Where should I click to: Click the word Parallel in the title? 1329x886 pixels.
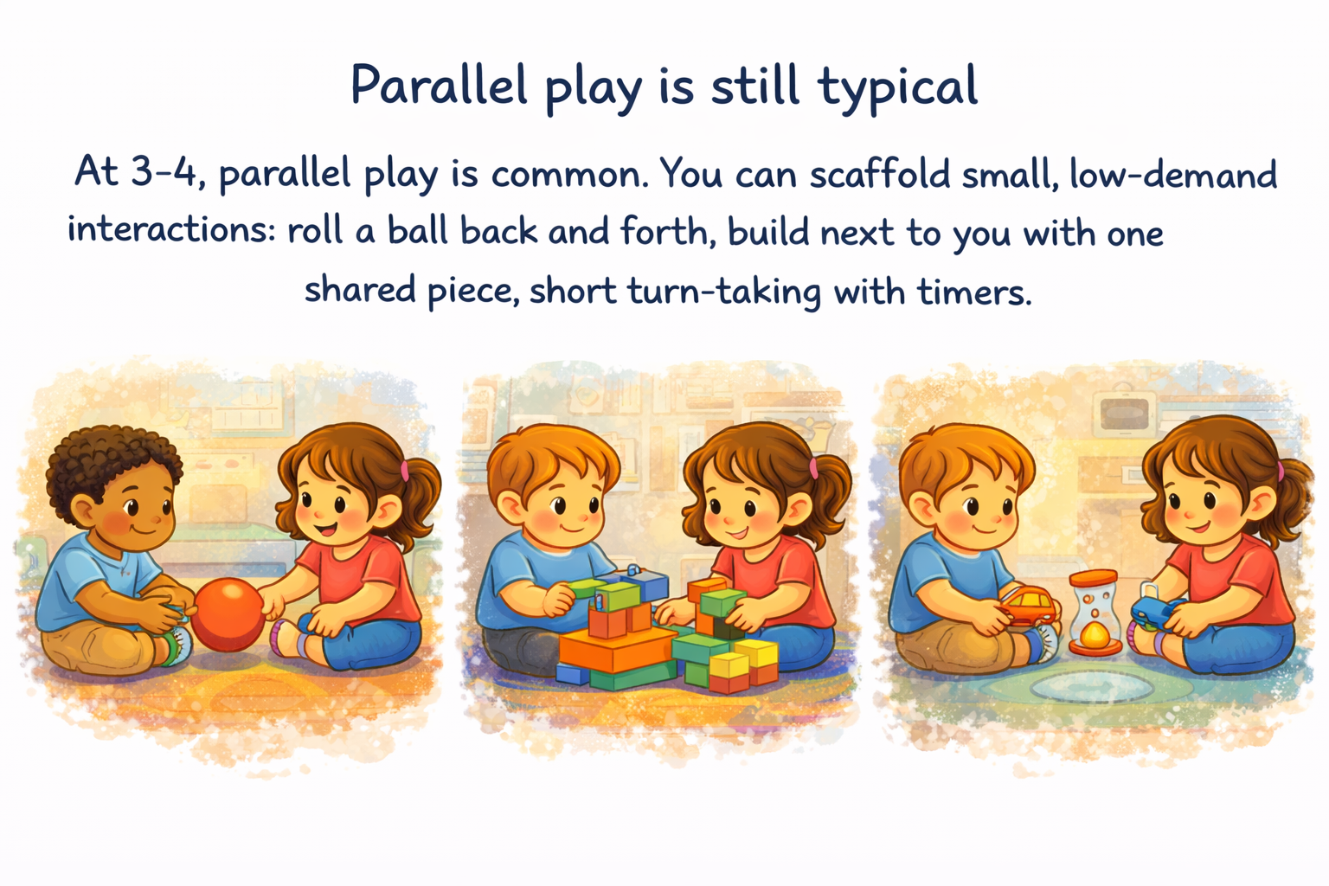click(x=439, y=85)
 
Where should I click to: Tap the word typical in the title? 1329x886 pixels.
click(x=897, y=89)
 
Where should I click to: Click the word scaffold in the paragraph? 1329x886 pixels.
click(x=879, y=173)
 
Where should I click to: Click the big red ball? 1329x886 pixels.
click(x=228, y=614)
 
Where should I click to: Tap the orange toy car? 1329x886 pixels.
click(x=1030, y=606)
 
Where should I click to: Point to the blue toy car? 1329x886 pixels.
click(x=1156, y=613)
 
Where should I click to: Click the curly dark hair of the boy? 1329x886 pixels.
click(x=112, y=465)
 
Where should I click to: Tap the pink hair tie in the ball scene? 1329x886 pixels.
click(x=405, y=470)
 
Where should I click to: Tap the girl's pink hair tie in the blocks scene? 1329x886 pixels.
click(x=813, y=467)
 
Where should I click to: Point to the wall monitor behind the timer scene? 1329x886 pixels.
click(x=1122, y=414)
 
